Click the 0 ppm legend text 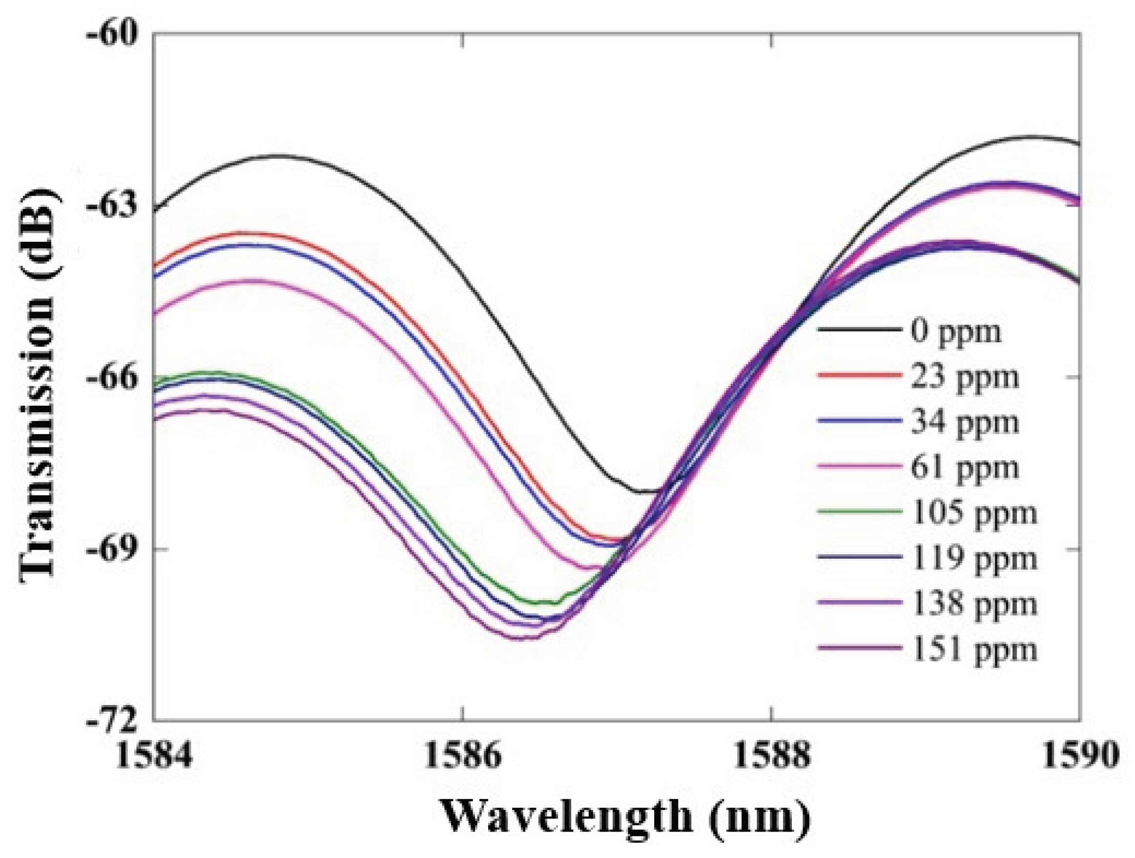click(956, 332)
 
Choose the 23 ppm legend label click(965, 377)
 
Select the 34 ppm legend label click(965, 423)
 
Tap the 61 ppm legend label click(965, 468)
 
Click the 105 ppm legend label click(974, 513)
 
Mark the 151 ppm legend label click(974, 649)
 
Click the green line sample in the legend click(860, 512)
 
